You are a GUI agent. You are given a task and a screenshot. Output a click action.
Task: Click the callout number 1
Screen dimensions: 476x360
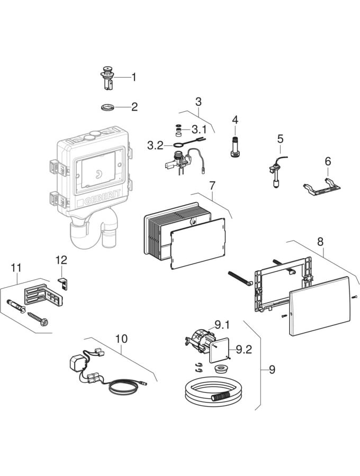pyautogui.click(x=134, y=77)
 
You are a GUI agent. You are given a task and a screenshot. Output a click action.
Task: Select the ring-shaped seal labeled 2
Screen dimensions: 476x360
pyautogui.click(x=109, y=108)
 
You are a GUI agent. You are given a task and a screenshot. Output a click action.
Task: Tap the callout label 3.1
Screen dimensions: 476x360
pyautogui.click(x=199, y=129)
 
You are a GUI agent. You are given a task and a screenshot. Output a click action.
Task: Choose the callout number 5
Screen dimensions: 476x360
pyautogui.click(x=280, y=139)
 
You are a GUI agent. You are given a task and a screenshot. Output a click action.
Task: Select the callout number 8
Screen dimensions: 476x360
pyautogui.click(x=320, y=241)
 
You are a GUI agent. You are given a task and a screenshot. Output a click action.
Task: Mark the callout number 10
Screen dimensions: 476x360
pyautogui.click(x=122, y=337)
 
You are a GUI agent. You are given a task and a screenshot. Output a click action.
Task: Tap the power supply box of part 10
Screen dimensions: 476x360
pyautogui.click(x=78, y=364)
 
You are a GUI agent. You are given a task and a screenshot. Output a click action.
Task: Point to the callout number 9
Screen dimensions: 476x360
pyautogui.click(x=272, y=369)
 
